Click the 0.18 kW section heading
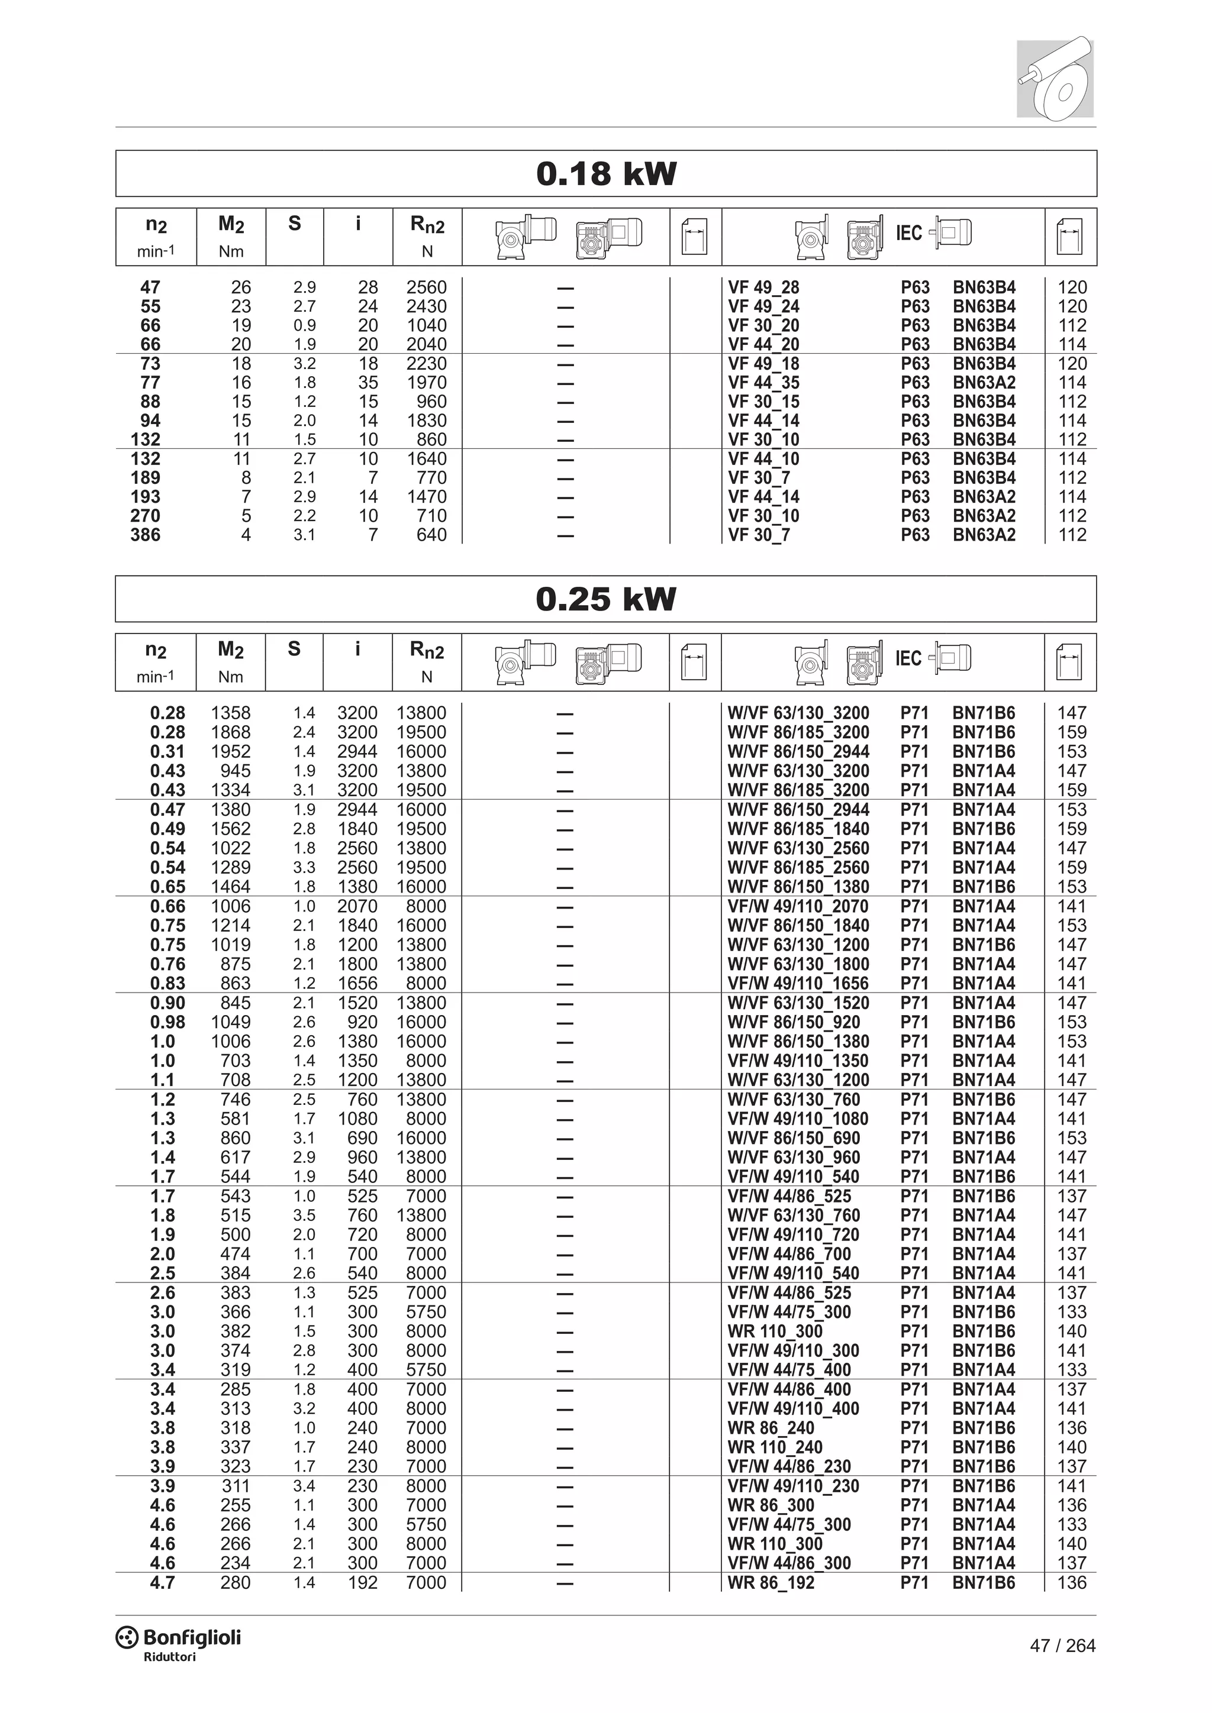click(x=606, y=174)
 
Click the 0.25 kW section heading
click(x=605, y=599)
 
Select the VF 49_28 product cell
click(x=763, y=287)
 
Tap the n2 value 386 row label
click(x=146, y=535)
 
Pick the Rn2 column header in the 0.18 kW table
click(x=427, y=225)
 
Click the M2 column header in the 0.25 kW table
click(x=231, y=650)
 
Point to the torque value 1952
click(x=231, y=751)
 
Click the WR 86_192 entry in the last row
click(x=771, y=1582)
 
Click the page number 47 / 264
click(x=1062, y=1646)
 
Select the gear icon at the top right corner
click(x=1055, y=78)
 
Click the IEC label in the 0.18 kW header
click(x=909, y=234)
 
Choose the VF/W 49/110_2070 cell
click(x=798, y=907)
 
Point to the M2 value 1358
click(x=231, y=713)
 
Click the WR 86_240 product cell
click(x=771, y=1428)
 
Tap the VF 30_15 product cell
click(x=763, y=402)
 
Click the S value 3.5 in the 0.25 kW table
click(x=305, y=1216)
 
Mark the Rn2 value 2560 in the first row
click(x=426, y=287)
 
